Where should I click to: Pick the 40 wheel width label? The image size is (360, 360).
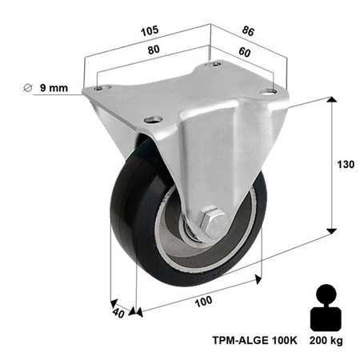click(x=118, y=313)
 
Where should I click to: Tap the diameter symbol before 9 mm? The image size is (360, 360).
click(x=28, y=88)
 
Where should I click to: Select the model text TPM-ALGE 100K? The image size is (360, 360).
click(x=257, y=339)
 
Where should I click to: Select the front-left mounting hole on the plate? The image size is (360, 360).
click(x=149, y=122)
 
